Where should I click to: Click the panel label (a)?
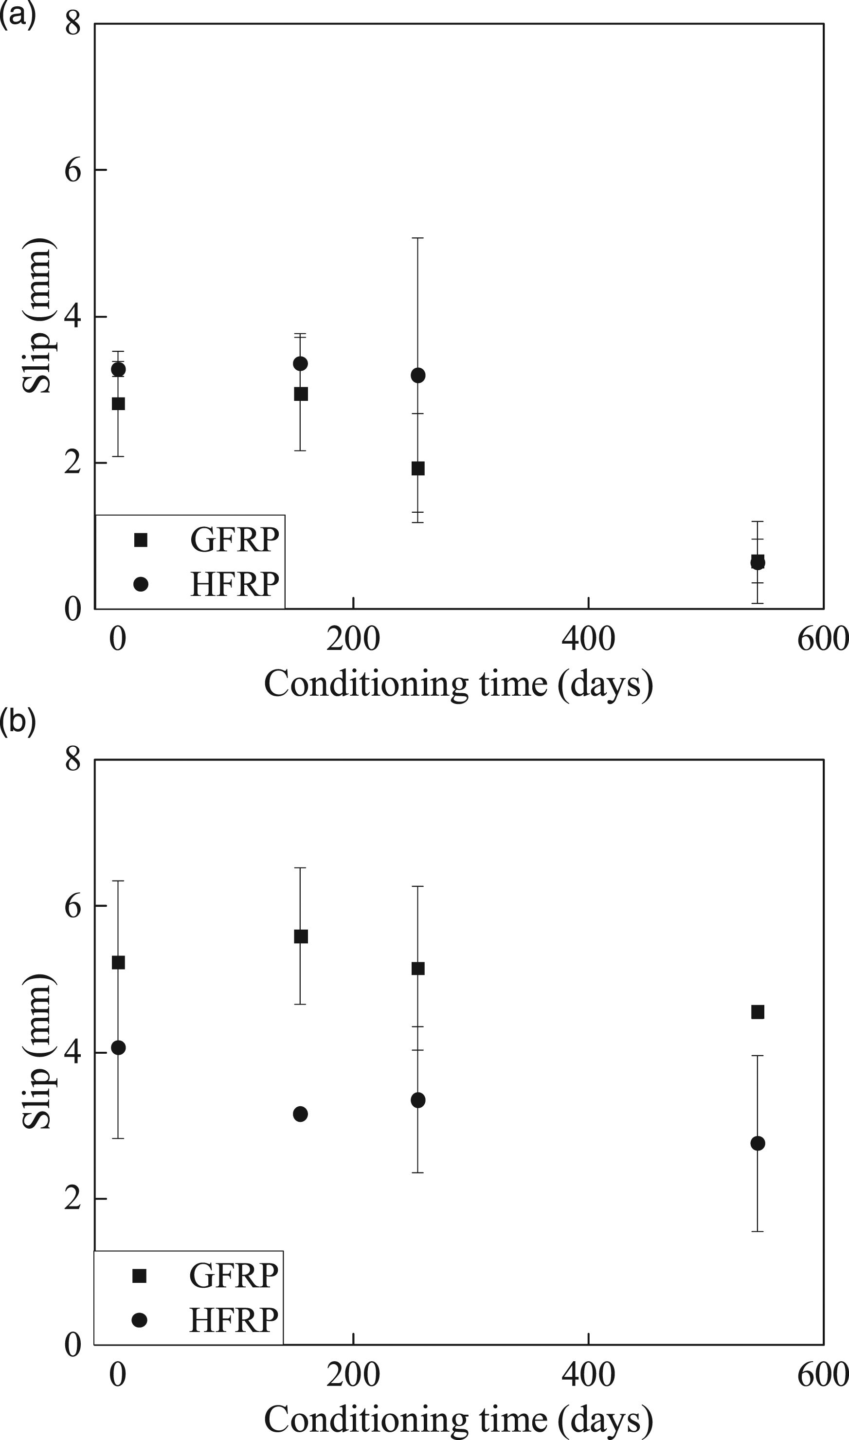(17, 14)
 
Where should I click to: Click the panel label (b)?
(17, 723)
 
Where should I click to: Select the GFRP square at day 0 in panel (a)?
(118, 404)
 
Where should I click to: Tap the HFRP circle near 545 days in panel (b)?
(757, 1159)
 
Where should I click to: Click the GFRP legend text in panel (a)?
(235, 540)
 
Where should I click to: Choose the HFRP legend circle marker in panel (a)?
(141, 584)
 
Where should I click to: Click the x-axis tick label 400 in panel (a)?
(588, 639)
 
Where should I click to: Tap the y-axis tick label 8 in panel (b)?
(72, 760)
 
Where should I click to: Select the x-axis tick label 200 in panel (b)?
(353, 1375)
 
